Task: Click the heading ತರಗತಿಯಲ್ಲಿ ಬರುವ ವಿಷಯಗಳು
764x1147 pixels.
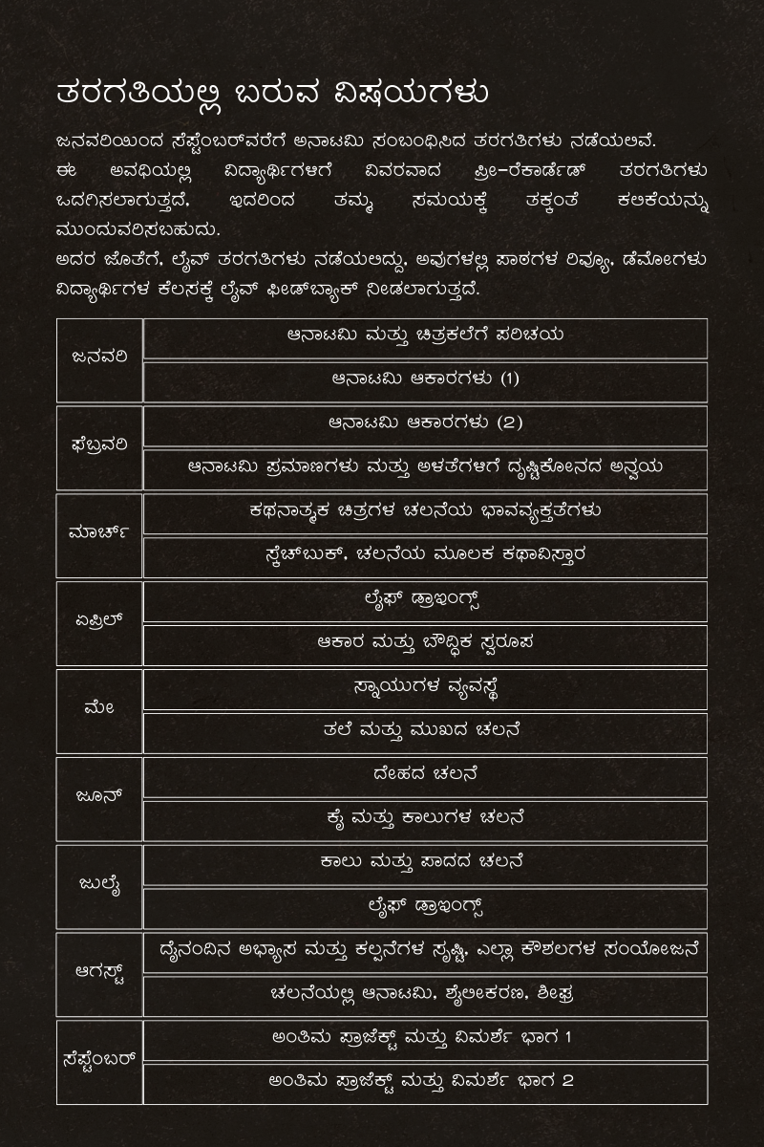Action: (272, 95)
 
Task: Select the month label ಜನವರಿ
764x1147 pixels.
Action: (99, 357)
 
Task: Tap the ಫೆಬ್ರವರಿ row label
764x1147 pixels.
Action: (99, 445)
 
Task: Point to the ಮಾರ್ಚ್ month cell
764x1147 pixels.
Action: (99, 533)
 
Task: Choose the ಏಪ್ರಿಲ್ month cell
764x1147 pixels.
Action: (99, 621)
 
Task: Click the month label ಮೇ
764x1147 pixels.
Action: (99, 709)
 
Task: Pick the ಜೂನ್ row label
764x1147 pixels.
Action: (99, 797)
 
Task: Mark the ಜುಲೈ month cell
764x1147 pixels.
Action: (99, 885)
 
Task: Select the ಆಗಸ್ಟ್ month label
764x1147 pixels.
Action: (99, 973)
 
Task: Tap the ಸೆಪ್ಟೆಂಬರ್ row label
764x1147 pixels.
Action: (99, 1061)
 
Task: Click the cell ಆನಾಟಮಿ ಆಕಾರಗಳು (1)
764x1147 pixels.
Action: (425, 379)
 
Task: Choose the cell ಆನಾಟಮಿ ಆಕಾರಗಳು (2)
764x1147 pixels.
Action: (425, 423)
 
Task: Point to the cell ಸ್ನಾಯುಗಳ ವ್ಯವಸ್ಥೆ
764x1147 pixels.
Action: (425, 687)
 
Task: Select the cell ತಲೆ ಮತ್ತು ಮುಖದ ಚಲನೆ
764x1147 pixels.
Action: (425, 731)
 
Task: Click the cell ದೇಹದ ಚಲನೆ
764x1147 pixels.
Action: (425, 775)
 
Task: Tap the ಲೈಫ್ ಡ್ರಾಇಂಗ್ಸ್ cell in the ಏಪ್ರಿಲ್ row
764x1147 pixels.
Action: (425, 600)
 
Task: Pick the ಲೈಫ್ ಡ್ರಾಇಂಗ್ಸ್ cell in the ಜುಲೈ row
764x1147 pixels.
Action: (425, 907)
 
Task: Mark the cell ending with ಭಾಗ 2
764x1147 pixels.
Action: (425, 1082)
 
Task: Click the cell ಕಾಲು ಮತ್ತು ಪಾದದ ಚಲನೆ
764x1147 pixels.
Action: (425, 863)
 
